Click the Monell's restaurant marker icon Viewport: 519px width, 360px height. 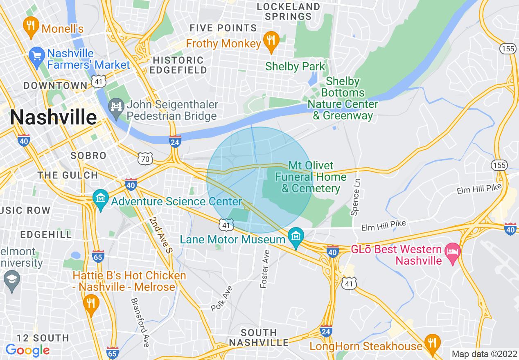(31, 26)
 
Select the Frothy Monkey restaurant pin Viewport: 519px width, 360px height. (270, 41)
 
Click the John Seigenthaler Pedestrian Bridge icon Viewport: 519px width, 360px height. (116, 107)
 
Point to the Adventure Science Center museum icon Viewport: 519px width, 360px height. (100, 199)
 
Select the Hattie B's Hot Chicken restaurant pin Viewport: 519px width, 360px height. (90, 304)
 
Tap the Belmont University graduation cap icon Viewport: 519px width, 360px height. (11, 280)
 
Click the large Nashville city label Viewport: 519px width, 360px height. (53, 118)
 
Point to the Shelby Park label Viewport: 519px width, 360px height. (295, 66)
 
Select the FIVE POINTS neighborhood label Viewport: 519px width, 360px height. (223, 28)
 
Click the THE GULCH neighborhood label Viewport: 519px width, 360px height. (68, 175)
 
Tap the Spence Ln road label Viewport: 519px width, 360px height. (355, 197)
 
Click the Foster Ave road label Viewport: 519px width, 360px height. (265, 268)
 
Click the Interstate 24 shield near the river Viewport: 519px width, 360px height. (175, 141)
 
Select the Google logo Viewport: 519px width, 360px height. (27, 350)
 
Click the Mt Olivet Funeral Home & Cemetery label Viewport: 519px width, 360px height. (311, 177)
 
